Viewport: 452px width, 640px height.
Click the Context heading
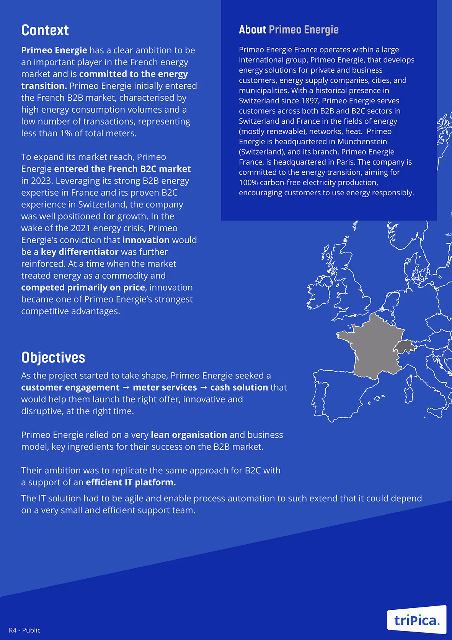click(x=45, y=30)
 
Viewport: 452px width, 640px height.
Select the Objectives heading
click(x=53, y=357)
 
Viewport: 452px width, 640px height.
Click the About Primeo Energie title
click(x=289, y=29)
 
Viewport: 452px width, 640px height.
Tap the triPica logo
click(x=416, y=620)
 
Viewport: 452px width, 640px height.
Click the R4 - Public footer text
click(x=24, y=630)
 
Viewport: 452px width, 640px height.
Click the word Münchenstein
click(x=362, y=142)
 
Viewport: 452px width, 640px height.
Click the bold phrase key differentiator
click(x=80, y=252)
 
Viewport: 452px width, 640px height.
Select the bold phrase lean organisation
click(x=189, y=435)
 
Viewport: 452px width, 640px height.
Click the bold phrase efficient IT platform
click(x=131, y=483)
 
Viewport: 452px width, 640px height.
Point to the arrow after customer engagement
click(x=126, y=388)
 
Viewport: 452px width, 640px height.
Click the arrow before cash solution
click(x=204, y=388)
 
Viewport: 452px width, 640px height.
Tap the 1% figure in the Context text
click(x=66, y=133)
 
